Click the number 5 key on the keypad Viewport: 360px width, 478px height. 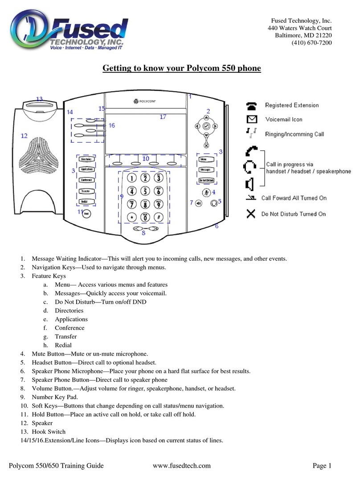tap(145, 191)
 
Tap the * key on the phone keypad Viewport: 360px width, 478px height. tap(132, 218)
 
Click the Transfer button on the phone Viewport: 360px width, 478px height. tap(86, 191)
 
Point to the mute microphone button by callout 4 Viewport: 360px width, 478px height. tap(206, 192)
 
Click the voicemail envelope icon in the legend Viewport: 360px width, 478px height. tap(252, 119)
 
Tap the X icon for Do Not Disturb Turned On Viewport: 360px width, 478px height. tap(252, 214)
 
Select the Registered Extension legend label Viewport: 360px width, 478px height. tap(292, 105)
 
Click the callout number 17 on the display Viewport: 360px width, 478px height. tap(163, 117)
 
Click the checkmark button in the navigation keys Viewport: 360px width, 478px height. tap(206, 127)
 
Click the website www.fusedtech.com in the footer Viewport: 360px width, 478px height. tap(181, 466)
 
